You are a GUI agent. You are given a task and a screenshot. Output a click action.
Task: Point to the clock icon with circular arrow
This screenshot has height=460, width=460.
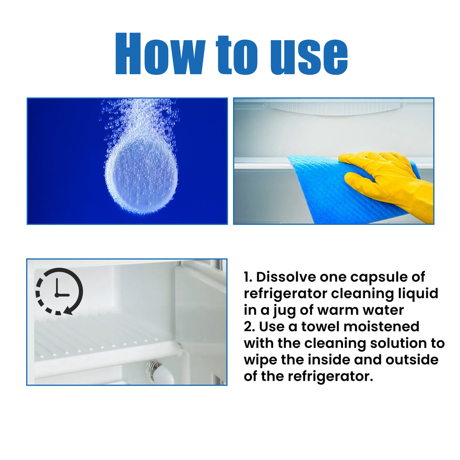(x=59, y=291)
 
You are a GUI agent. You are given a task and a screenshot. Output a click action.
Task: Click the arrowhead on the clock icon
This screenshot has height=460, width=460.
(x=68, y=311)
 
